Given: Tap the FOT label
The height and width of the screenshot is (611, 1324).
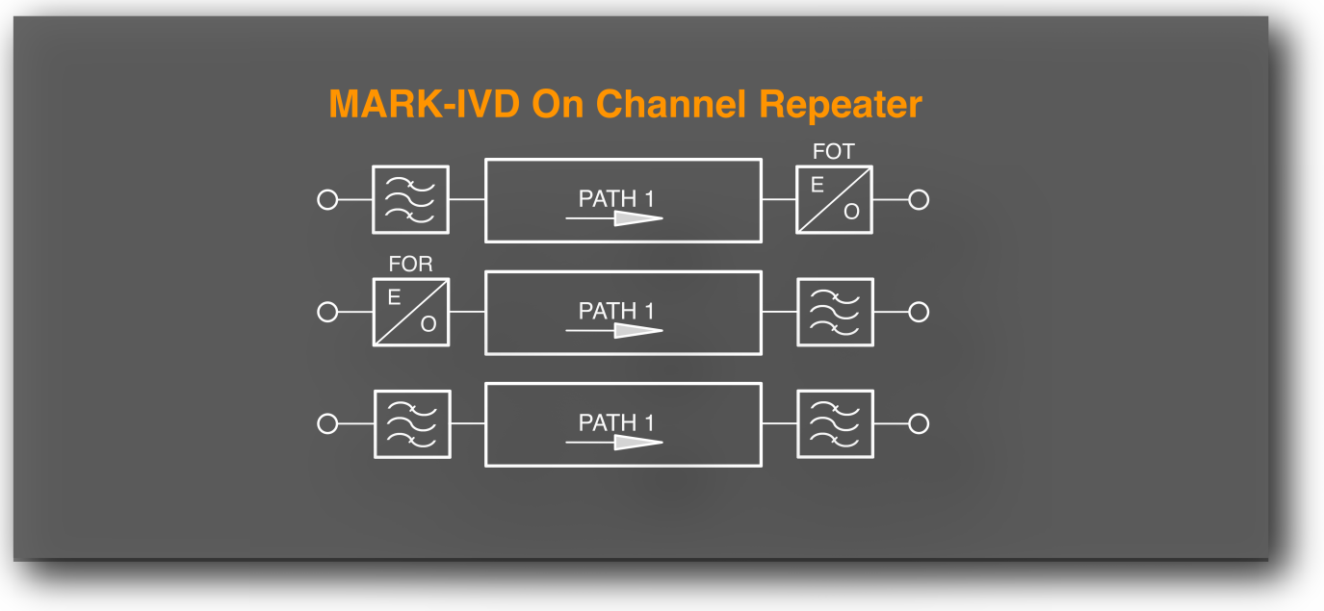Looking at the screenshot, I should click(x=833, y=151).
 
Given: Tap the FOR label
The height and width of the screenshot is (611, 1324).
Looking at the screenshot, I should click(x=410, y=265).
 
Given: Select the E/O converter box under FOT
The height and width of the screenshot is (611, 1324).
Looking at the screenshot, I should click(x=834, y=199).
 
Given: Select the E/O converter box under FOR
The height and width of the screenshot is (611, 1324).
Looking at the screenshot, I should click(x=411, y=312).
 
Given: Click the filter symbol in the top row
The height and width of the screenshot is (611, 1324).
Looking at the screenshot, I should click(x=411, y=199).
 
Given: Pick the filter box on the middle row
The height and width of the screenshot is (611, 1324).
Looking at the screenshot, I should click(x=835, y=312).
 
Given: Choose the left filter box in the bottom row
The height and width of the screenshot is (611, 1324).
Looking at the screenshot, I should click(x=411, y=423).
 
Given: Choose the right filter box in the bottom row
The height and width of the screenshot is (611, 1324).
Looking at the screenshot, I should click(x=835, y=423).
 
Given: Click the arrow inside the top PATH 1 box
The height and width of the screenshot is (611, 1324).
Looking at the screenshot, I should click(x=615, y=218).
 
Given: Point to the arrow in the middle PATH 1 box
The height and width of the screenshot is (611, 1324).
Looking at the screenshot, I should click(x=615, y=331).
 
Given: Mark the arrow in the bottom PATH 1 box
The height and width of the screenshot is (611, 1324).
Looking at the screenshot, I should click(x=615, y=443).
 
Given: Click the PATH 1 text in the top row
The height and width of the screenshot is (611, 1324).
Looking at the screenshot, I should click(x=616, y=199).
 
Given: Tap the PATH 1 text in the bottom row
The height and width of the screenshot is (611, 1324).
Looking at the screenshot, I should click(x=616, y=423).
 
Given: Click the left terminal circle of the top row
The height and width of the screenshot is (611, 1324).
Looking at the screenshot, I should click(x=327, y=200).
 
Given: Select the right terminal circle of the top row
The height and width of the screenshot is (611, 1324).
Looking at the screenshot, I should click(x=919, y=200).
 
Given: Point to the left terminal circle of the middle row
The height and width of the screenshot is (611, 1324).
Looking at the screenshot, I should click(x=327, y=312).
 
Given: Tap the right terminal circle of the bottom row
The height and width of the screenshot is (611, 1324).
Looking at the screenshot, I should click(x=919, y=423).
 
